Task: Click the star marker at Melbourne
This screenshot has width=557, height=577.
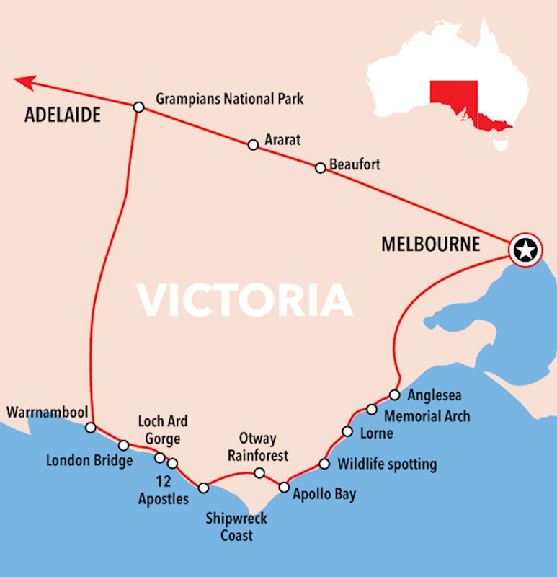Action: [x=526, y=251]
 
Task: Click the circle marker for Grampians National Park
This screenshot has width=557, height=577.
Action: [x=139, y=107]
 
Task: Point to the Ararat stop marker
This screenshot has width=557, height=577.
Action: [x=253, y=145]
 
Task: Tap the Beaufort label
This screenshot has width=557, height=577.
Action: [x=355, y=165]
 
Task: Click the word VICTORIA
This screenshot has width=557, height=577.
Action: [x=246, y=300]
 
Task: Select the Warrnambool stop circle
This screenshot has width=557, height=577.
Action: [x=90, y=428]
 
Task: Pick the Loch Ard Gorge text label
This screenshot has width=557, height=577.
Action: [x=163, y=430]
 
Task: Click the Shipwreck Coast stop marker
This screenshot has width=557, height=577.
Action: [x=204, y=488]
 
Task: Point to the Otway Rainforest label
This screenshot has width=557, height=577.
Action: [x=258, y=448]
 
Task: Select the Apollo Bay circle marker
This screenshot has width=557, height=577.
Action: [x=284, y=487]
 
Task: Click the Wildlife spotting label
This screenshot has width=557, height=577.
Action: [x=387, y=464]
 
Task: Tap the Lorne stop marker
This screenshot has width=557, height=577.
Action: [x=347, y=432]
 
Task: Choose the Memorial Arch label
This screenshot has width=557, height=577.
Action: [x=427, y=416]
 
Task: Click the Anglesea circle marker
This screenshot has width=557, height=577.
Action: [x=394, y=395]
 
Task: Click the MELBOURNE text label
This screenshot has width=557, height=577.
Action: [x=430, y=245]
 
